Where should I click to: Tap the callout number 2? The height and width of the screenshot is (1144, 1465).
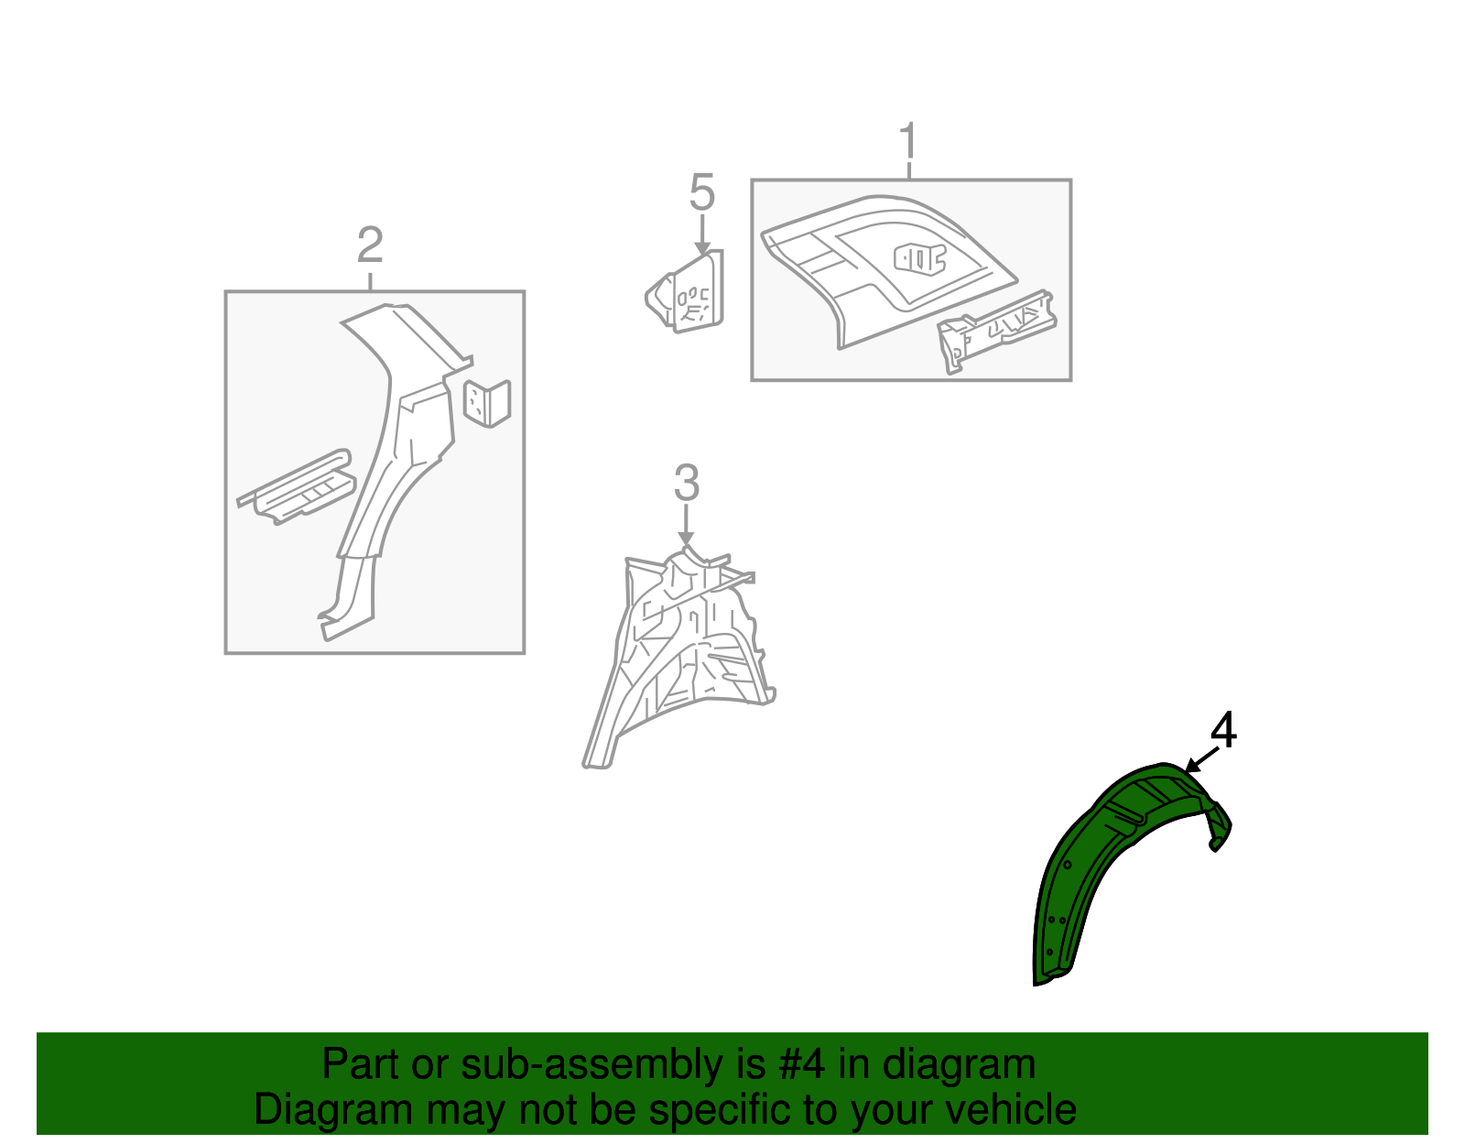[x=370, y=245]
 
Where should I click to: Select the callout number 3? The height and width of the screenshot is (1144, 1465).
[x=687, y=483]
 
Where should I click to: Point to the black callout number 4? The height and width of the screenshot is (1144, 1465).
[x=1223, y=730]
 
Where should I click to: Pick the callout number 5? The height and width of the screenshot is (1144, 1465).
[x=701, y=192]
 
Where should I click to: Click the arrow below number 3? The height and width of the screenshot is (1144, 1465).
[x=686, y=525]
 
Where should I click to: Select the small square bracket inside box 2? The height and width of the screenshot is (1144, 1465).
[x=487, y=403]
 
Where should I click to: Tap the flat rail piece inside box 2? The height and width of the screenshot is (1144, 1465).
[x=296, y=487]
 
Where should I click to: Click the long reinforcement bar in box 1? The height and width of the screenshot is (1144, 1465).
[x=996, y=331]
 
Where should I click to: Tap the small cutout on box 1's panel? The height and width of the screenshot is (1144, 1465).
[x=919, y=259]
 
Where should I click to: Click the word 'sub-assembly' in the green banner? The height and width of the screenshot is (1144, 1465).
[x=613, y=1064]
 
